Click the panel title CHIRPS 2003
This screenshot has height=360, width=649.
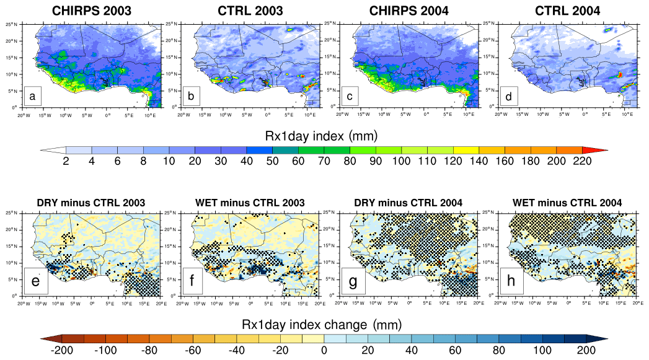click(92, 11)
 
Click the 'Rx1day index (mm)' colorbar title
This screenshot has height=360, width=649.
click(324, 134)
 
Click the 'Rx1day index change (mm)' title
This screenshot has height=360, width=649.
click(324, 324)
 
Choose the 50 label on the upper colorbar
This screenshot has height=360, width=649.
click(272, 162)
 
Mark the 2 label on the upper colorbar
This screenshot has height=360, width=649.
click(66, 162)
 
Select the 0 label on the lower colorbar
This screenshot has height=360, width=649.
click(324, 351)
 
